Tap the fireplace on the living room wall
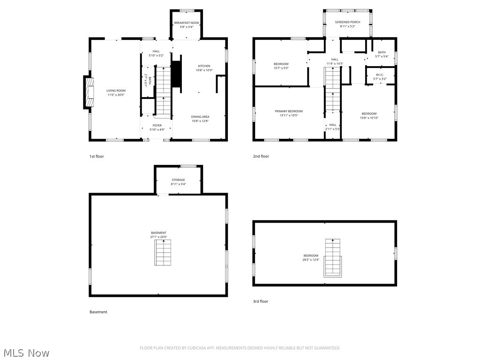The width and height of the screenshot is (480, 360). pos(88,92)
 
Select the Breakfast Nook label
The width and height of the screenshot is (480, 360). pos(187,22)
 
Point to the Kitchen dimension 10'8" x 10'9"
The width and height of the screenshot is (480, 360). pos(204,70)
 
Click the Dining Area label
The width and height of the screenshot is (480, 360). pos(200,117)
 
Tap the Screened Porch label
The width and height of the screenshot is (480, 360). pos(347,22)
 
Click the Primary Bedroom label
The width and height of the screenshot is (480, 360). pos(289,111)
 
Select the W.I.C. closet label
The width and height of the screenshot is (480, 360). pos(380,75)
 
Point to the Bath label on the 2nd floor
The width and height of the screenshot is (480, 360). pos(382,52)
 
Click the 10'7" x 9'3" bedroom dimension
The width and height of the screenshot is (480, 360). pos(281,68)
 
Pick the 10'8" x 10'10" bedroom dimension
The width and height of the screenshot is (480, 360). pos(369,118)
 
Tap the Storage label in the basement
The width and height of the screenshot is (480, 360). pos(178,180)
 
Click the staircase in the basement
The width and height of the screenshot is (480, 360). pos(164,253)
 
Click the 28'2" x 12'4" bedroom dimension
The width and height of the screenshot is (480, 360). pos(310,260)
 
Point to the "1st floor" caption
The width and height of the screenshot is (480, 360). pos(97,156)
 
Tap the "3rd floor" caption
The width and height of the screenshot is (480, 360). pos(261,301)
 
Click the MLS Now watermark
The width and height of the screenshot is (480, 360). pos(26,352)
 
